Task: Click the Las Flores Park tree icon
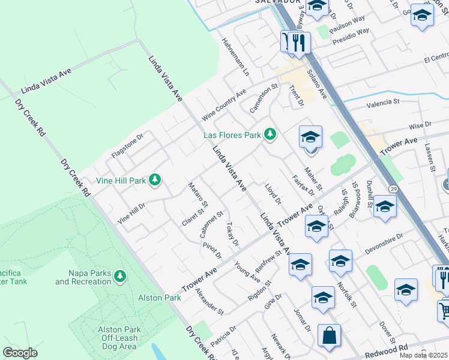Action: [270, 134]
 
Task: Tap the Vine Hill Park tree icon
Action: [155, 179]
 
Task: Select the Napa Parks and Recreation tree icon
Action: [121, 276]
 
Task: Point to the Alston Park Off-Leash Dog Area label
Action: [119, 338]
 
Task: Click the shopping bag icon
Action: [329, 337]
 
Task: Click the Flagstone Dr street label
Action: [127, 146]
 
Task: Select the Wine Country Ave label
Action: [224, 103]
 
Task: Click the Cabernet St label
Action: [212, 224]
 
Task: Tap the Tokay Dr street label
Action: [233, 233]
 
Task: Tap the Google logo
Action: [20, 353]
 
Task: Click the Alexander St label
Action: [209, 302]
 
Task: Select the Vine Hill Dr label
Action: [132, 214]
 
